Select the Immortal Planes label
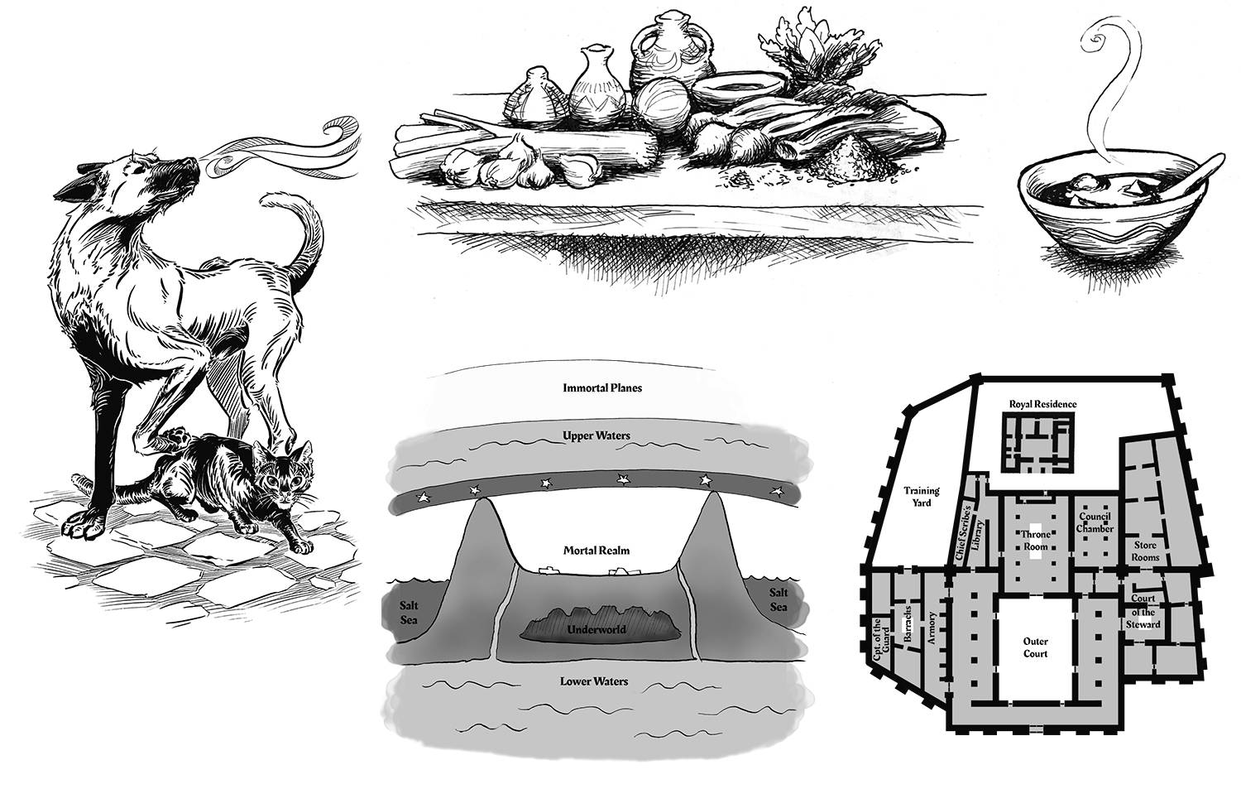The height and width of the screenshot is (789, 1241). [x=602, y=387]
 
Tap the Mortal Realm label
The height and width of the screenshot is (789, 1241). [x=597, y=549]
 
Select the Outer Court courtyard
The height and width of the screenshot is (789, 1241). [x=1035, y=647]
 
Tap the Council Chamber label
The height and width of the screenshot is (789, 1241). [x=1097, y=522]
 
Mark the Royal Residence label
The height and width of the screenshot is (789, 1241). [x=1042, y=404]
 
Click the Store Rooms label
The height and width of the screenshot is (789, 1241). [x=1146, y=551]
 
